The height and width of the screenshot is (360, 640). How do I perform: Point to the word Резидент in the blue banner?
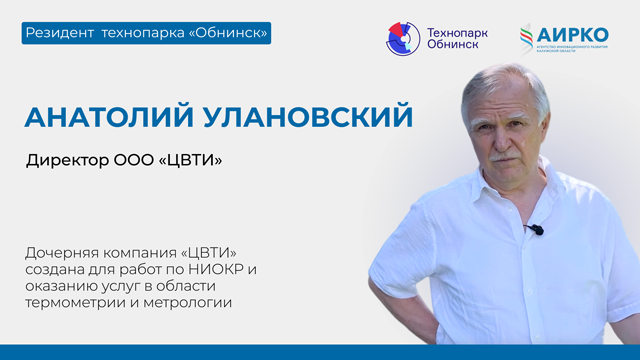coord(61,34)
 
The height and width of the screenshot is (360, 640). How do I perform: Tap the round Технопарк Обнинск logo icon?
coord(404,39)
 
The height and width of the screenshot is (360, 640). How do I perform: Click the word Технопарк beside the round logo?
coord(459,32)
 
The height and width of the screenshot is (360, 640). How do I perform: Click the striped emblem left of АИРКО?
coord(527,39)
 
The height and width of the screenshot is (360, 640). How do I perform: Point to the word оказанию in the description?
coord(65,286)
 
